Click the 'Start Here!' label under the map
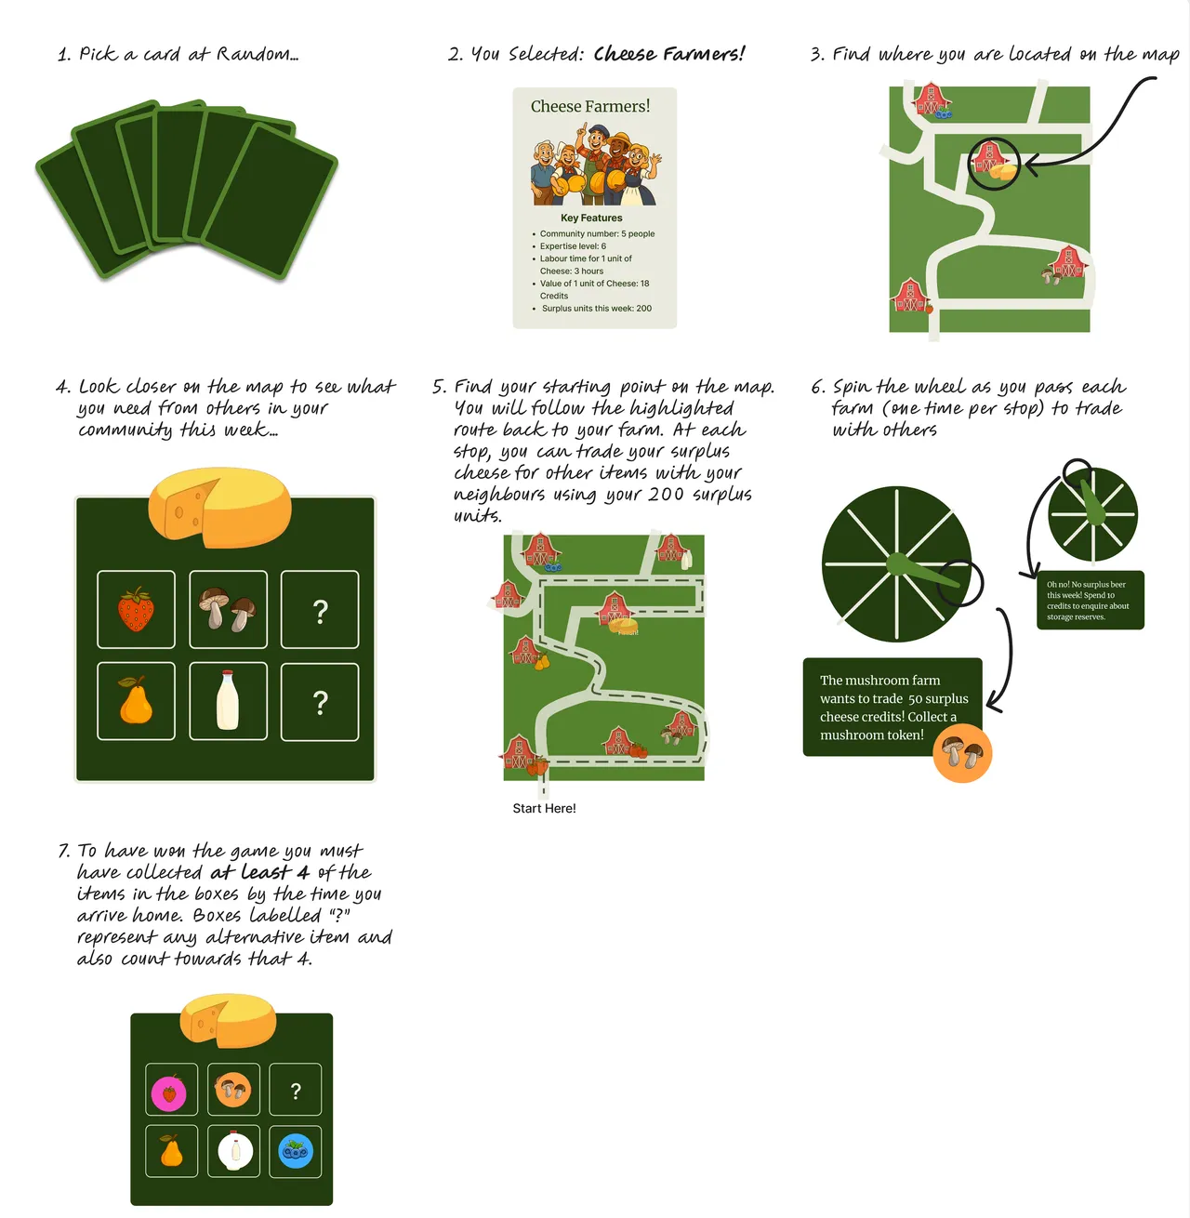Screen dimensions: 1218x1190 pos(544,808)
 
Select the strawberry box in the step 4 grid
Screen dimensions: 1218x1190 pos(136,610)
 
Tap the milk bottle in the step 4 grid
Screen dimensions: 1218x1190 pos(228,701)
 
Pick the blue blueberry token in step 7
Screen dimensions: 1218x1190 pos(296,1151)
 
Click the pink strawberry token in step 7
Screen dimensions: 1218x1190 pos(169,1093)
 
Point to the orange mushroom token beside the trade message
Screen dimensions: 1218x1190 pos(962,753)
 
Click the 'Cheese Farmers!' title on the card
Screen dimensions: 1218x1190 pos(590,107)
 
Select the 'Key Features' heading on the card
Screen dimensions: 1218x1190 pos(591,218)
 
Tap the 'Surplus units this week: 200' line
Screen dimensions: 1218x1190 pos(596,308)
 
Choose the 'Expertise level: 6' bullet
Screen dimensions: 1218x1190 pos(573,246)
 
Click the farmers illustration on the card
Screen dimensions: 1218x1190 pos(594,165)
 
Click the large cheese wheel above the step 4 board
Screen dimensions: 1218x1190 pos(219,508)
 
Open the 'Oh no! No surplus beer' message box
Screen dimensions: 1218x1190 pos(1090,601)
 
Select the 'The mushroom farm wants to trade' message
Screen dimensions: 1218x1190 pos(879,707)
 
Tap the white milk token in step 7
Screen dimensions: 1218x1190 pos(235,1151)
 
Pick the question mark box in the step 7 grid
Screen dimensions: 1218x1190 pos(296,1091)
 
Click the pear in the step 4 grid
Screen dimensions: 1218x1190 pos(136,701)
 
